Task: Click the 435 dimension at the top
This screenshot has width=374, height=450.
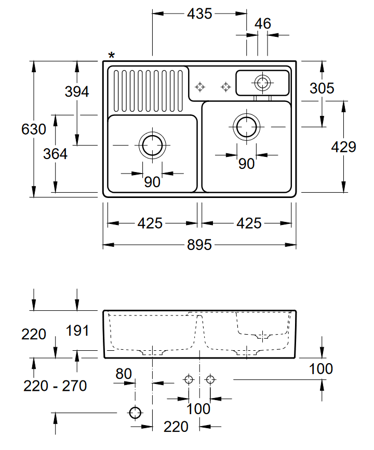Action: coord(199,14)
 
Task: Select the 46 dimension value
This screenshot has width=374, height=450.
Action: coord(263,23)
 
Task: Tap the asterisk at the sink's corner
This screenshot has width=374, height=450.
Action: coord(112,56)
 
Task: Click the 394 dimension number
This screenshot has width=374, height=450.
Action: coord(77,92)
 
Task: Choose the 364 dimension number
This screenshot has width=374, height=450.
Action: coord(55,154)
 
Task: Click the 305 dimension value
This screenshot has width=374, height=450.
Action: coord(322,88)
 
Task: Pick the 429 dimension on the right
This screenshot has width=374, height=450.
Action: coord(343,147)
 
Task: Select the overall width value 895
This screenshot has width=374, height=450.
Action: coord(199,245)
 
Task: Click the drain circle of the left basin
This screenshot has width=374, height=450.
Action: coord(152,145)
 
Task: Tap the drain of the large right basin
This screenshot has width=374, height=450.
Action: coord(246,126)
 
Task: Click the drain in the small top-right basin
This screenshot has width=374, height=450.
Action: coord(262,82)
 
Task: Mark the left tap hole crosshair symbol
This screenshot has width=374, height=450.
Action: coord(199,86)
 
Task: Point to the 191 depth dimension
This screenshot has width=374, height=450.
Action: coord(77,330)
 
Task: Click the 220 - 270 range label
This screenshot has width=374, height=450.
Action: coord(55,386)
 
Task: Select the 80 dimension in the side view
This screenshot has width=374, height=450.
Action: coord(124,374)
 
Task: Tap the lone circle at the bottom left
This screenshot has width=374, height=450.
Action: coord(135,413)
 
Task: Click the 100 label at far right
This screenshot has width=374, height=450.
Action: coord(320,369)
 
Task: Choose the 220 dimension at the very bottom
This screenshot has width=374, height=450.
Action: coord(176,427)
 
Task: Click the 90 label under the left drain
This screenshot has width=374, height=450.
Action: coord(152,182)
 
